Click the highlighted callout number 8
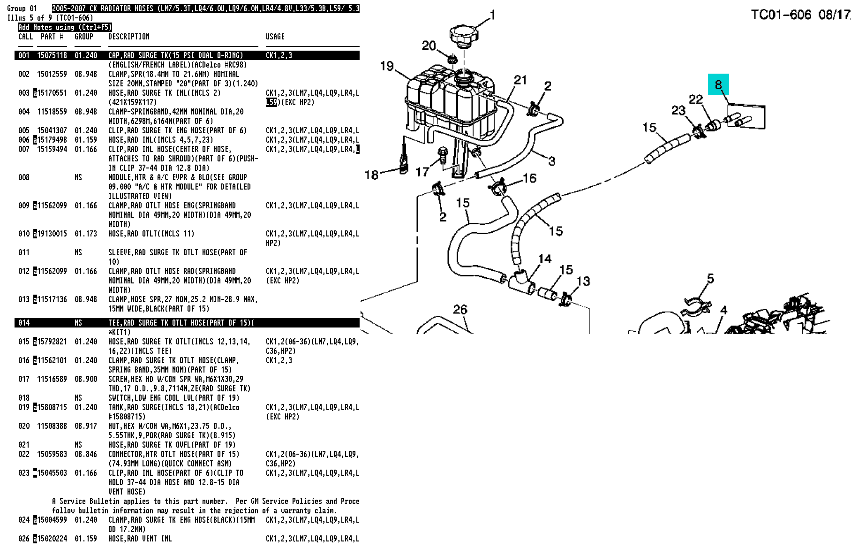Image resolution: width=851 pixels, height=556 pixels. coord(718,84)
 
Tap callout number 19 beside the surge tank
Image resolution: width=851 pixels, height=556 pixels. coord(387,66)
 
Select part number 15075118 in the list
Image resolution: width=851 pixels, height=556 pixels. coord(52,55)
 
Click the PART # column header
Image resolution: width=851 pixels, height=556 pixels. coord(52,37)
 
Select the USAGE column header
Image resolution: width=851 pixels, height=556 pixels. coord(275,37)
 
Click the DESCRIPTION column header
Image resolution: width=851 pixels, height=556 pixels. coord(129,37)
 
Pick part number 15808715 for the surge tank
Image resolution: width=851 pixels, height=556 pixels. coord(52,407)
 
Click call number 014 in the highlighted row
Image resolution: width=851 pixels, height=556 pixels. coord(24,323)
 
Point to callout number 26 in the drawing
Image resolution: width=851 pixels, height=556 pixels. coord(460,310)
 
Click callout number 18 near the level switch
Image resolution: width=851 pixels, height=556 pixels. coord(371,175)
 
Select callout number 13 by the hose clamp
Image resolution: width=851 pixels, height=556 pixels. coord(583,281)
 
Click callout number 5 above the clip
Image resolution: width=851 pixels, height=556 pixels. coord(710,279)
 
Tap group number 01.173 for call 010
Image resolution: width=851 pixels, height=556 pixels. coord(86,234)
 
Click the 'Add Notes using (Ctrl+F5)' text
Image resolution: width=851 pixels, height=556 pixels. coord(65,27)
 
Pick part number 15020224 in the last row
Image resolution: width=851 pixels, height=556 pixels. coord(52,539)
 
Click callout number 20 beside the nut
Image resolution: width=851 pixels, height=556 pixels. coord(429,46)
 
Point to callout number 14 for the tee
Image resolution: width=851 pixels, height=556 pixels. coord(545,259)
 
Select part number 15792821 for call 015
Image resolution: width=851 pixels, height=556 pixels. coord(52,342)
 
